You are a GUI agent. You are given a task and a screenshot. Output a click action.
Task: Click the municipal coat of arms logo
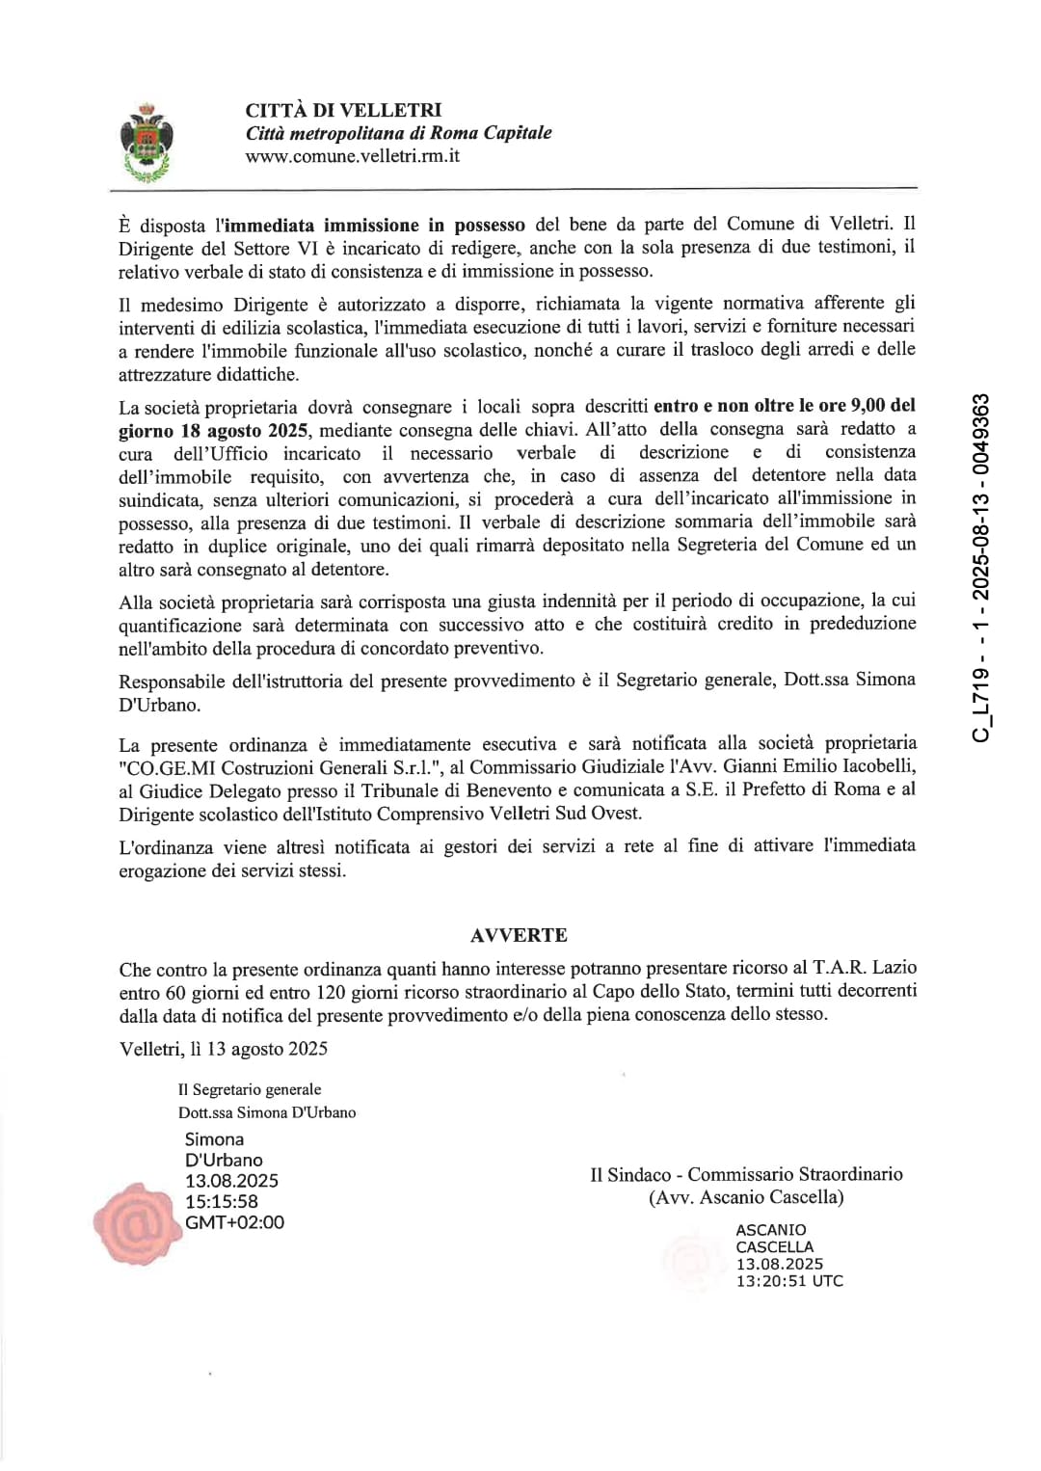tap(147, 142)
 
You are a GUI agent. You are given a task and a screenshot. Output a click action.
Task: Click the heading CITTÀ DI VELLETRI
tap(343, 110)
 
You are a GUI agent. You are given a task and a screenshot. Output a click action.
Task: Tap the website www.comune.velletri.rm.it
tap(352, 156)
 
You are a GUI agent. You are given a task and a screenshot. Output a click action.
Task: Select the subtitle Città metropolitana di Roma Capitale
tap(398, 133)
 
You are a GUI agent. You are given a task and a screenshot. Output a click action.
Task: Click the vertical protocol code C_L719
tap(981, 569)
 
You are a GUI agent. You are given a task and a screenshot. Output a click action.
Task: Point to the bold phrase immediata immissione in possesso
tap(375, 225)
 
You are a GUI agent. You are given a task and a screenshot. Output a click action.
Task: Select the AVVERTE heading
tap(519, 935)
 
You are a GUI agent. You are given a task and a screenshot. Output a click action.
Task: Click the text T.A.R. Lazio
tap(865, 968)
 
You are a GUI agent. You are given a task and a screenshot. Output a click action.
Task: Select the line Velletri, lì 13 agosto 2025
tap(224, 1049)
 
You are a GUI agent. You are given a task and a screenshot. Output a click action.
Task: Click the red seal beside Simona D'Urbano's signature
tap(136, 1223)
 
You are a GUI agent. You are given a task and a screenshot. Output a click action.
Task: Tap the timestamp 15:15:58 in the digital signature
tap(222, 1202)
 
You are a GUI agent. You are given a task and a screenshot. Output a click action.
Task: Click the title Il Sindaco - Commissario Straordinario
tap(746, 1174)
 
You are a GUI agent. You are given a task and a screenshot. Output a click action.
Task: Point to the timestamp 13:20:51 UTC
tap(789, 1281)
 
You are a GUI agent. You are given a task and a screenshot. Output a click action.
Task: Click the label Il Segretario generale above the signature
tap(250, 1089)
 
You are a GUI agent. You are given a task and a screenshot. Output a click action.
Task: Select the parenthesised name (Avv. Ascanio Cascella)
tap(746, 1197)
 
